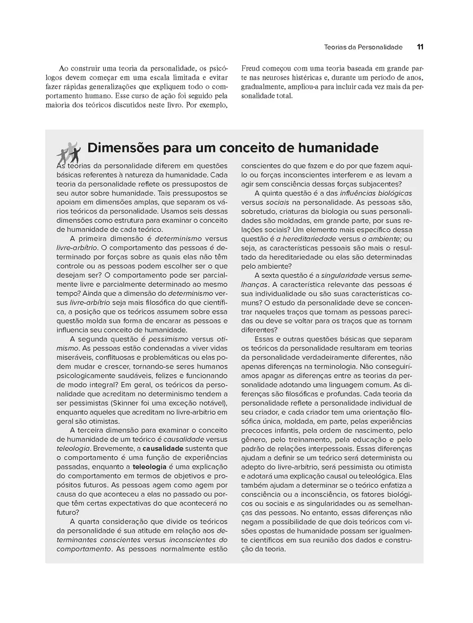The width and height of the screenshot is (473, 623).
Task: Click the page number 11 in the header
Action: pyautogui.click(x=420, y=47)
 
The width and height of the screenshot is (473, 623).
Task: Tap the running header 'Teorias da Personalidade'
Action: pyautogui.click(x=363, y=47)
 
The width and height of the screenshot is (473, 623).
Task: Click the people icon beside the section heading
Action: pyautogui.click(x=68, y=152)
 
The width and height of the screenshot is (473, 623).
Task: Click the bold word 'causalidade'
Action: pyautogui.click(x=163, y=448)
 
